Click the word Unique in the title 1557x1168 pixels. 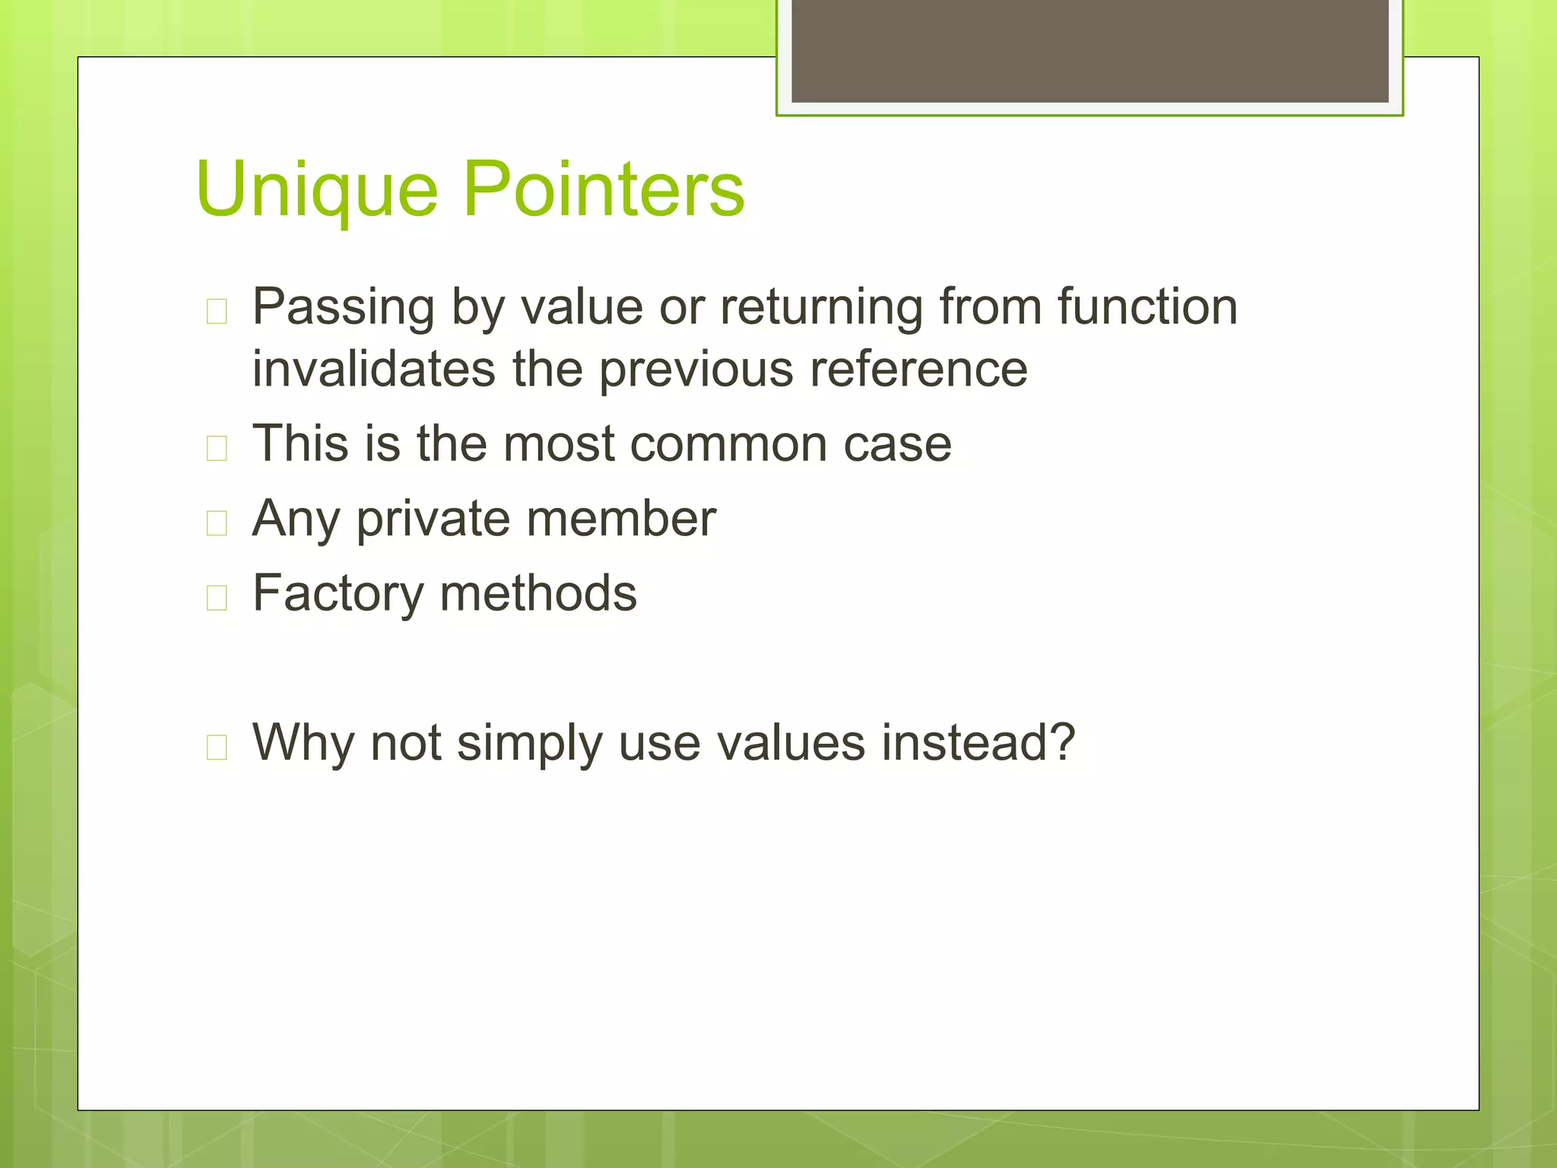[x=316, y=190]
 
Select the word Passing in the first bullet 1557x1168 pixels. [x=343, y=308]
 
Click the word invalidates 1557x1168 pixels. [x=374, y=369]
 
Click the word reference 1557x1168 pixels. [x=918, y=369]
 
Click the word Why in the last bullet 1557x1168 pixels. [x=303, y=742]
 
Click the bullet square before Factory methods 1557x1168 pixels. [x=217, y=598]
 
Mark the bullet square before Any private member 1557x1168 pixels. [x=217, y=523]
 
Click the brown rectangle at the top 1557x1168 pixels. [x=1089, y=50]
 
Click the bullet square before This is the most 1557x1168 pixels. [x=217, y=448]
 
